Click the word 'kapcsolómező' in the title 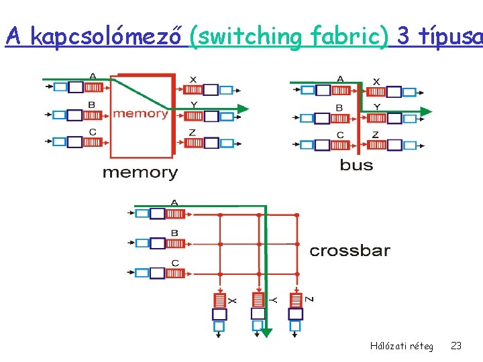107,38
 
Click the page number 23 456,346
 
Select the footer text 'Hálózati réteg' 401,346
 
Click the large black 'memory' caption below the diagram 140,172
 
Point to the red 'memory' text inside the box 140,113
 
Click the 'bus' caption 356,165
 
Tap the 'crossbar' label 350,251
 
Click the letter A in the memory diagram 92,76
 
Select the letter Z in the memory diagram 193,133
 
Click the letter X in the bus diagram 376,82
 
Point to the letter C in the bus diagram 340,135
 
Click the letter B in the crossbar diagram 174,233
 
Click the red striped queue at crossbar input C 175,273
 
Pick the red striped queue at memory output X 192,89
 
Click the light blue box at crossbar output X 219,326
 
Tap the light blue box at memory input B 59,114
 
